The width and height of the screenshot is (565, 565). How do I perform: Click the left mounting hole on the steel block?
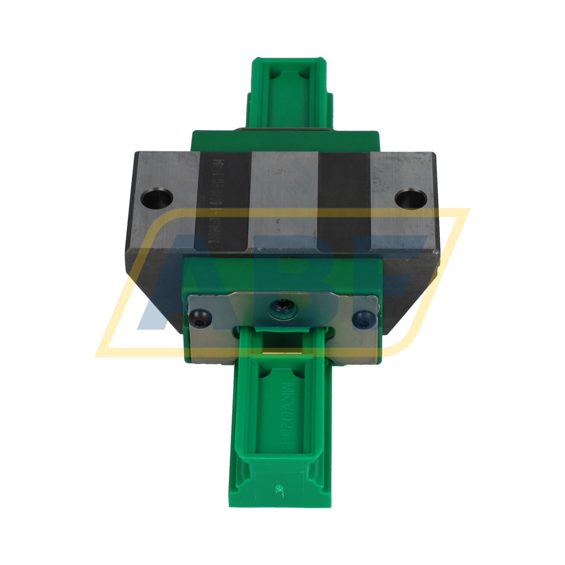click(157, 198)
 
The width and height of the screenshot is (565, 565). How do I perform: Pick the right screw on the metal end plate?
click(364, 317)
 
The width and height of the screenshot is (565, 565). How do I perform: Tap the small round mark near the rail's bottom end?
click(279, 488)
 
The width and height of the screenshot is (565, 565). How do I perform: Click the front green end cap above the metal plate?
click(282, 275)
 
